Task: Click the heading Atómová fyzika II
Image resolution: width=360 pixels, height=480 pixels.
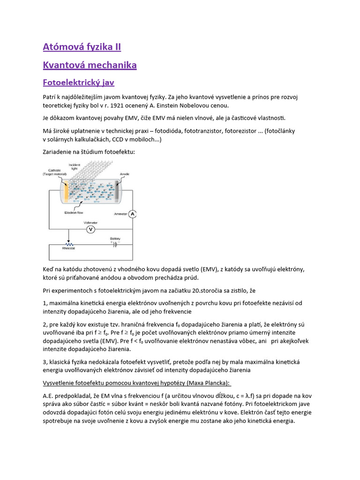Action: pyautogui.click(x=82, y=47)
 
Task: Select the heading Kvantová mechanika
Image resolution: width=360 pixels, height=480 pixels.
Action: pyautogui.click(x=90, y=65)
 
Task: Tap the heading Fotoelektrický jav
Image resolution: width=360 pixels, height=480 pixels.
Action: pyautogui.click(x=78, y=82)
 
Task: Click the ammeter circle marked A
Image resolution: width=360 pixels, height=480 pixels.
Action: pyautogui.click(x=133, y=214)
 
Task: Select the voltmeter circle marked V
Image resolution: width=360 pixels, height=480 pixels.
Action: pyautogui.click(x=91, y=229)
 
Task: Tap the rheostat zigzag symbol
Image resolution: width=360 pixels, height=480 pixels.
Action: pyautogui.click(x=69, y=244)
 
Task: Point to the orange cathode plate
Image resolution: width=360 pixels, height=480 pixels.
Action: pyautogui.click(x=67, y=190)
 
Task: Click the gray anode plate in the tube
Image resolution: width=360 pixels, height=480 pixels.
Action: pyautogui.click(x=116, y=190)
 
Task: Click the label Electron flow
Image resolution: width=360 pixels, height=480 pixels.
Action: pyautogui.click(x=75, y=212)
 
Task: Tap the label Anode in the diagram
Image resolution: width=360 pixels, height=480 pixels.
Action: pyautogui.click(x=125, y=174)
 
